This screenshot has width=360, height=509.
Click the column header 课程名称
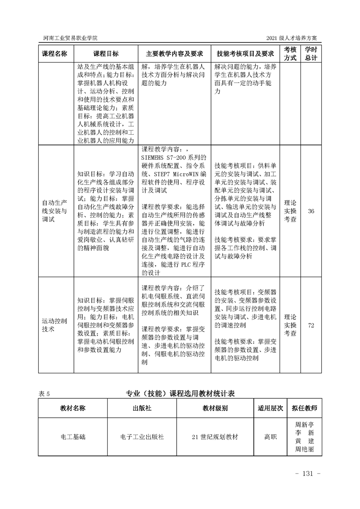pos(54,54)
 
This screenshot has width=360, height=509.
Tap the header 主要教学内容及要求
pos(174,54)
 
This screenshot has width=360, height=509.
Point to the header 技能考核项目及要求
pos(246,54)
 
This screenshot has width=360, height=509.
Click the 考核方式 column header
pos(290,54)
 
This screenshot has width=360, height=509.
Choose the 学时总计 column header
pos(311,54)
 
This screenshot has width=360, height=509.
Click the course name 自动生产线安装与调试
pos(54,211)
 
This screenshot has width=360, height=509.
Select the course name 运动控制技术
pos(54,325)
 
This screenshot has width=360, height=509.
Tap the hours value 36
pos(311,211)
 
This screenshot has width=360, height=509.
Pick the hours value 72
pos(311,325)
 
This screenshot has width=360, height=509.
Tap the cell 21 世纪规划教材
pos(215,437)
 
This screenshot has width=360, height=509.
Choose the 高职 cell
pos(271,437)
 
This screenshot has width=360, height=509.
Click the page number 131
pos(308,474)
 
